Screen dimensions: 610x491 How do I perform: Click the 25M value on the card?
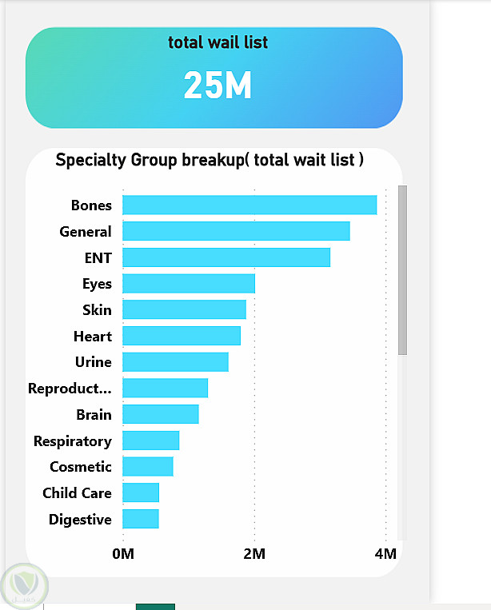pyautogui.click(x=218, y=85)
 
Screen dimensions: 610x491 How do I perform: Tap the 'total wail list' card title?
pyautogui.click(x=218, y=42)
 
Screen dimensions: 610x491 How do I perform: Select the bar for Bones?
pyautogui.click(x=249, y=205)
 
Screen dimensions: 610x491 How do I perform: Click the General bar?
pyautogui.click(x=236, y=231)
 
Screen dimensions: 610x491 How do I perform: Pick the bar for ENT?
pyautogui.click(x=226, y=257)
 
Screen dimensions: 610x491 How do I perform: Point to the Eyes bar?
pyautogui.click(x=188, y=283)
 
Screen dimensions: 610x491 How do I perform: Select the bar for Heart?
pyautogui.click(x=181, y=336)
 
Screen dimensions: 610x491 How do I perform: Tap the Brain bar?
pyautogui.click(x=160, y=414)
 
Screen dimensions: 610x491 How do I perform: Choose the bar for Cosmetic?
pyautogui.click(x=147, y=466)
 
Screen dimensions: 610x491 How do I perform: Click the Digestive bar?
pyautogui.click(x=140, y=519)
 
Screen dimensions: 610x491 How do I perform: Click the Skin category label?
pyautogui.click(x=97, y=309)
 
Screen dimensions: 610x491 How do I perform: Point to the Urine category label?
pyautogui.click(x=93, y=362)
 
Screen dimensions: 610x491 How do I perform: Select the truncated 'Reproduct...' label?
pyautogui.click(x=70, y=389)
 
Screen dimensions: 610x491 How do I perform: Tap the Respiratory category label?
pyautogui.click(x=72, y=441)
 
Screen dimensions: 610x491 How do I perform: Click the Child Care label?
pyautogui.click(x=77, y=492)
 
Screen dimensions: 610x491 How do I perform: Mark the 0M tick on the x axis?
pyautogui.click(x=122, y=553)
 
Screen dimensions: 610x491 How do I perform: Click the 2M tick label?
pyautogui.click(x=254, y=553)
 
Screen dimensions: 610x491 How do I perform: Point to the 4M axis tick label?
pyautogui.click(x=385, y=553)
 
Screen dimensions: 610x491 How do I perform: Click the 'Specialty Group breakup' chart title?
pyautogui.click(x=210, y=160)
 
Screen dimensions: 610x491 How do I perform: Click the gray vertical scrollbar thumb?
pyautogui.click(x=402, y=269)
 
